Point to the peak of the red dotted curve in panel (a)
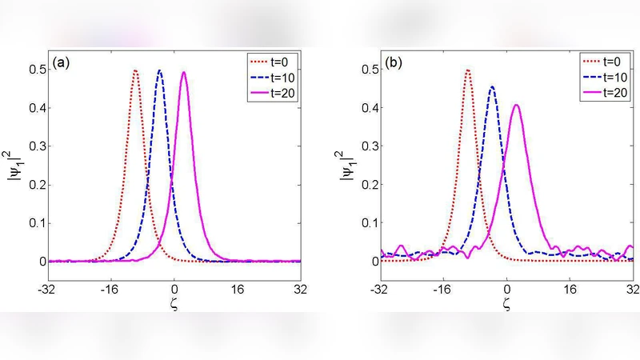point(135,70)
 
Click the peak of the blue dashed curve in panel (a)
point(159,70)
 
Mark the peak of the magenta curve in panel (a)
point(184,73)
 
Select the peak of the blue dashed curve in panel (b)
point(492,87)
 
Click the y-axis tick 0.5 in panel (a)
point(36,70)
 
